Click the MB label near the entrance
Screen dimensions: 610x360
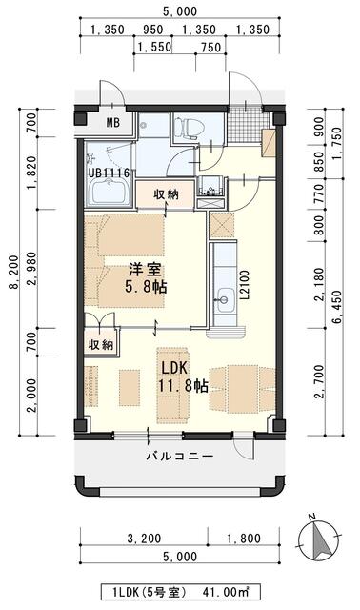(113, 122)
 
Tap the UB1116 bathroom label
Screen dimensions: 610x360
(110, 173)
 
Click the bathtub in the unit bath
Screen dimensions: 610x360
(110, 194)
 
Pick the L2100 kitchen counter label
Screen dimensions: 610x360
(245, 282)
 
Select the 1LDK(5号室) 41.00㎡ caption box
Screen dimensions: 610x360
(180, 592)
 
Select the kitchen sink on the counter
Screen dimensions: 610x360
(224, 298)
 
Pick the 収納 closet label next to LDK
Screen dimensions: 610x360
(101, 344)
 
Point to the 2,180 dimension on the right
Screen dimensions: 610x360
(319, 276)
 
